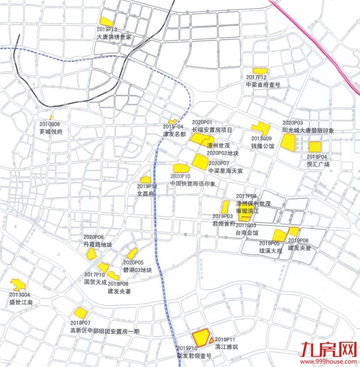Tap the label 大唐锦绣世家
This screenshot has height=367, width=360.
pos(115,36)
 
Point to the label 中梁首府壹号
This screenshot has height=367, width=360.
pos(263,84)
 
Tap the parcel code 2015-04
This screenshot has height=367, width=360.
pos(173,127)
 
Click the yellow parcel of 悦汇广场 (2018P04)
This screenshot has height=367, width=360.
pos(314,147)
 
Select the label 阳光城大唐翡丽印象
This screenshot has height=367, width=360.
pos(309,131)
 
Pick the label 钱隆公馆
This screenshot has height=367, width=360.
pos(262,146)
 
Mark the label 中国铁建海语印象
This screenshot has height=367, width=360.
pos(192,183)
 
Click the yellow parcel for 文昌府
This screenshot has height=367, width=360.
pos(145,180)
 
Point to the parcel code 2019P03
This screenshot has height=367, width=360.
pos(222,216)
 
